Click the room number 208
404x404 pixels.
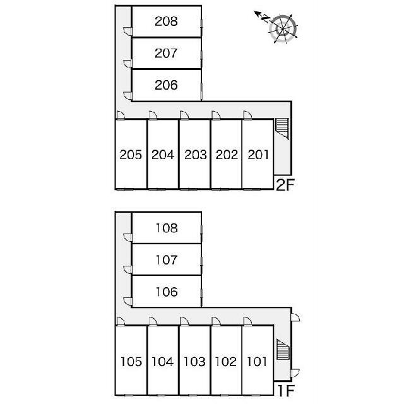(x=166, y=21)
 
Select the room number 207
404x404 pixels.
(x=166, y=53)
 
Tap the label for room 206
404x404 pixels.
(x=166, y=85)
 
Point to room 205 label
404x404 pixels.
(x=131, y=155)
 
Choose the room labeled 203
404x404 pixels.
(x=196, y=155)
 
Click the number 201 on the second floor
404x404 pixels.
(x=258, y=155)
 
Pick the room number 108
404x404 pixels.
(x=167, y=228)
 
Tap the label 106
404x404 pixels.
(x=167, y=292)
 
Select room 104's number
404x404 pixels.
(x=163, y=362)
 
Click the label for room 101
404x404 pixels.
(x=257, y=362)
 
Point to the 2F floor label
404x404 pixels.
(x=285, y=185)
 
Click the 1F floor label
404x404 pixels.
(x=286, y=391)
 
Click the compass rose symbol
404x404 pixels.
(x=283, y=28)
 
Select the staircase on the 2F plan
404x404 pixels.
(x=282, y=129)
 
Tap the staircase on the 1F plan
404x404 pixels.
(x=283, y=349)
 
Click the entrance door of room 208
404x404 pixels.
(x=128, y=31)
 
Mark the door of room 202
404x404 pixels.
(x=216, y=115)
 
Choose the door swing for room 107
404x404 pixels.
(x=128, y=270)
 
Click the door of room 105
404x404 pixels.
(x=121, y=321)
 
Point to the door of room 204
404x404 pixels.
(x=153, y=115)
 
